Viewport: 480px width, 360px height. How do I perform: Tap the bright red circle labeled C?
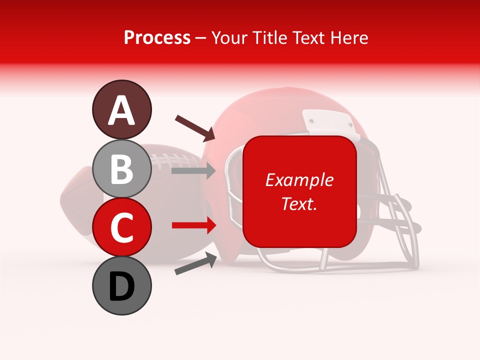(121, 227)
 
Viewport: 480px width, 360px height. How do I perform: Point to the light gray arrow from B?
(193, 171)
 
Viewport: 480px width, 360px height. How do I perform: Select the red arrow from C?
(193, 225)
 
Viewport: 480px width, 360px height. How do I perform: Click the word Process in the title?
(157, 37)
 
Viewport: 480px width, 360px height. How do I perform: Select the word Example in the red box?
(299, 180)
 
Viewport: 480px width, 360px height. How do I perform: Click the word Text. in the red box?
(299, 203)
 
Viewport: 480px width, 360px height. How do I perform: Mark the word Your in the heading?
(229, 37)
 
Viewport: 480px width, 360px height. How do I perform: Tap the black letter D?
(121, 286)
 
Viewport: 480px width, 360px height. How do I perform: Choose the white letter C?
(121, 228)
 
